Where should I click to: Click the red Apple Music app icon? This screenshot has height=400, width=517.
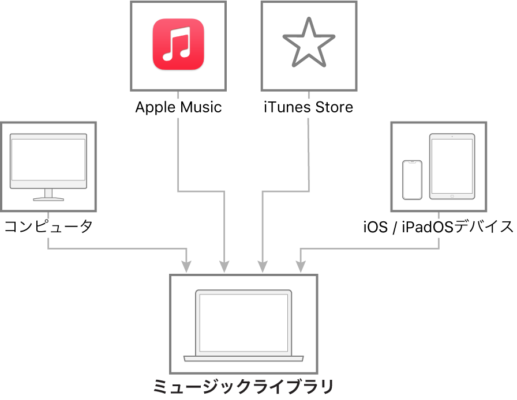[178, 45]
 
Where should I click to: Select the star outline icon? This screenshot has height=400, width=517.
[309, 43]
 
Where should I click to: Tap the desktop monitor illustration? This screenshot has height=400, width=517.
[48, 161]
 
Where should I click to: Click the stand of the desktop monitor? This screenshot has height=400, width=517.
[48, 195]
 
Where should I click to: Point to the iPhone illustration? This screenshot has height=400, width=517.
[412, 180]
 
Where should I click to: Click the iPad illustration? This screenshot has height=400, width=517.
[452, 166]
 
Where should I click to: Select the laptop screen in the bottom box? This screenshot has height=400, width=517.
[243, 322]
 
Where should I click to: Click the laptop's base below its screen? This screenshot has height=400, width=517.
[243, 359]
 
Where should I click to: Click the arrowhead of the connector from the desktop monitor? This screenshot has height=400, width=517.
[186, 267]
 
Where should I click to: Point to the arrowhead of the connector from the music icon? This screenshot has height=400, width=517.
[224, 267]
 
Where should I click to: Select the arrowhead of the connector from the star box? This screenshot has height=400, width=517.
[263, 267]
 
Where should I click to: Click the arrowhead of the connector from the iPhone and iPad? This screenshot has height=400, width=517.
[301, 267]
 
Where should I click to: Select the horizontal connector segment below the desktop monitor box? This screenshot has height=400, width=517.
[115, 249]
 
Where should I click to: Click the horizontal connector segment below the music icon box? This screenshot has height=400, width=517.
[201, 191]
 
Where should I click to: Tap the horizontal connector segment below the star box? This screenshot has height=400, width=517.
[286, 191]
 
